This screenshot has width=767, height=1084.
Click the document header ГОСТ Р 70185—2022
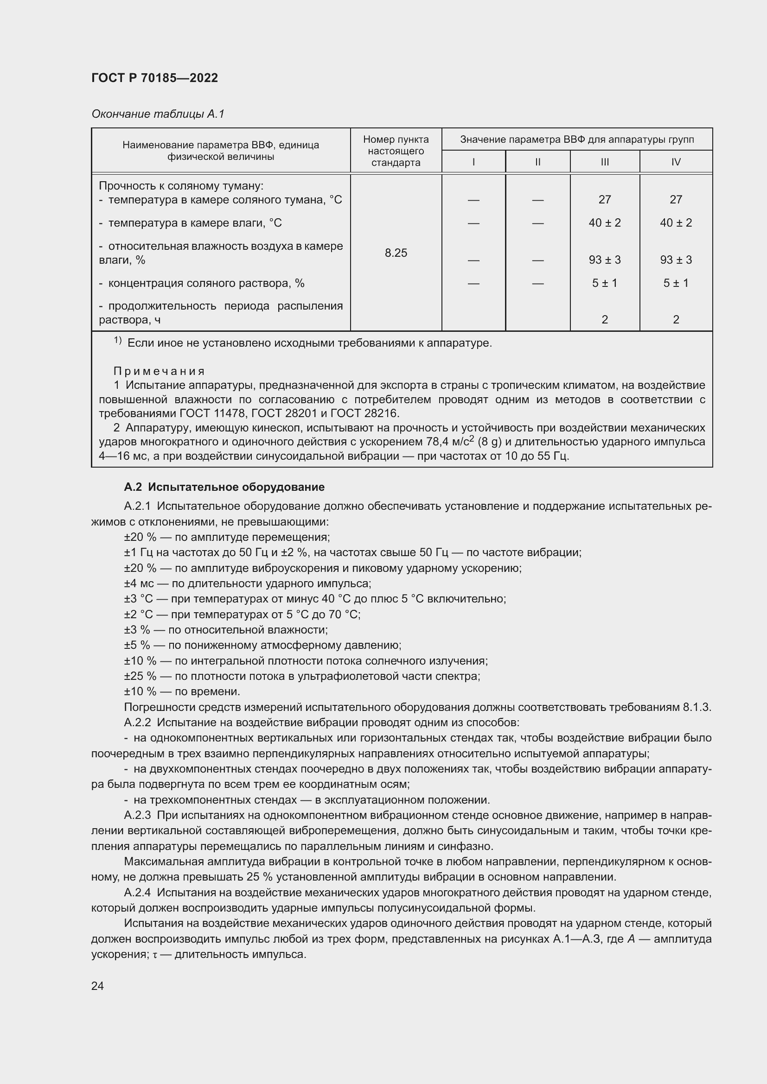(154, 78)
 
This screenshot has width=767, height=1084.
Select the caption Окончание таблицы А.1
(158, 114)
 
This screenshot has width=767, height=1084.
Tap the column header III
(605, 162)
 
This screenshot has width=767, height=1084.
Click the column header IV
(675, 162)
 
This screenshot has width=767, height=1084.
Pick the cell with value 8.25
(396, 253)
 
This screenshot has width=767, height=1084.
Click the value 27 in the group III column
(605, 200)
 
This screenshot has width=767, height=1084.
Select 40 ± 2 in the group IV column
(675, 223)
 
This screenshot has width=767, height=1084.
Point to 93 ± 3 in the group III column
(605, 260)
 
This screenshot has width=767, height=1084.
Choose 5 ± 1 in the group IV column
(675, 283)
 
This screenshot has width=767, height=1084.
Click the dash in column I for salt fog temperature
(473, 200)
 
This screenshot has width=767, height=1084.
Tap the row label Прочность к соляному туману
(181, 186)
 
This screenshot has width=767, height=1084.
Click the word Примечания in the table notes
(159, 371)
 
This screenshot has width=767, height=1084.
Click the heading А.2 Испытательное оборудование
(224, 487)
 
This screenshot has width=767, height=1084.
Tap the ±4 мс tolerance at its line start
(139, 583)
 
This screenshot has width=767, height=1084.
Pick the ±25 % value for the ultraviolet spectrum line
(140, 676)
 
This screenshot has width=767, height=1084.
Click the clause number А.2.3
(137, 815)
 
